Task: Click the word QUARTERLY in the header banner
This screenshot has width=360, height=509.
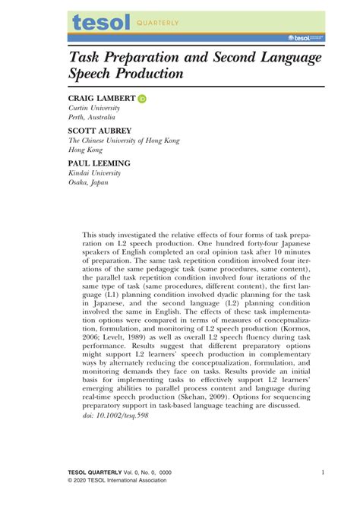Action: (x=159, y=24)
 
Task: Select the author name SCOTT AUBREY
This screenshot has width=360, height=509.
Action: (x=100, y=131)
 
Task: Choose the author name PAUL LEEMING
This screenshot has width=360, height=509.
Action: (x=99, y=163)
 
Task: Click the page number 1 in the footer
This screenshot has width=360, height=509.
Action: (x=324, y=472)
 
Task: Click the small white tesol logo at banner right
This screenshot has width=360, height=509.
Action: (x=307, y=36)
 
